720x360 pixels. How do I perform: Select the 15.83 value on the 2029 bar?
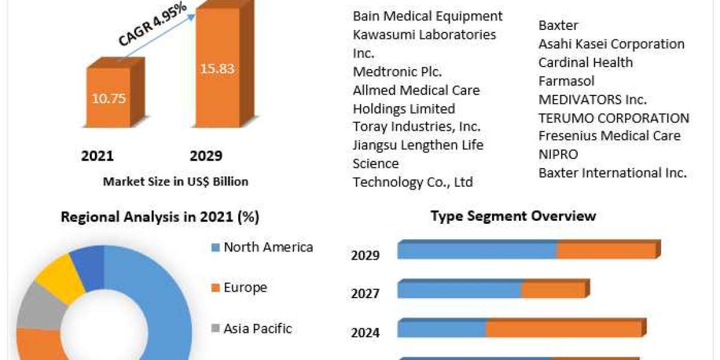tap(217, 69)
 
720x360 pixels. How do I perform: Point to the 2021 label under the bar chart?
tap(97, 156)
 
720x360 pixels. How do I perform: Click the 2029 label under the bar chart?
tap(206, 156)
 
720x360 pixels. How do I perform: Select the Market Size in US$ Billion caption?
tap(175, 181)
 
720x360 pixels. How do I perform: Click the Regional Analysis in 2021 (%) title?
tap(160, 217)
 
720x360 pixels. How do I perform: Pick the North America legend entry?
tap(261, 247)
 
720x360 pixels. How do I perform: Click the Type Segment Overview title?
tap(513, 216)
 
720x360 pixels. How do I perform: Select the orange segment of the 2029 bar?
tap(606, 251)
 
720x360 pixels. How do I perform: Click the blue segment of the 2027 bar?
tap(459, 290)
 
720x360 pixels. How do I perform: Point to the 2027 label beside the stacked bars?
tap(365, 293)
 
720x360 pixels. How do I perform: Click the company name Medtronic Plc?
tap(397, 72)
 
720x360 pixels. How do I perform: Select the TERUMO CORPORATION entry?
tap(613, 118)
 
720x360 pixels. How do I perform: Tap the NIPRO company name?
tap(558, 154)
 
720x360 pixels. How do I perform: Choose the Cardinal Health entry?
tap(585, 62)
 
